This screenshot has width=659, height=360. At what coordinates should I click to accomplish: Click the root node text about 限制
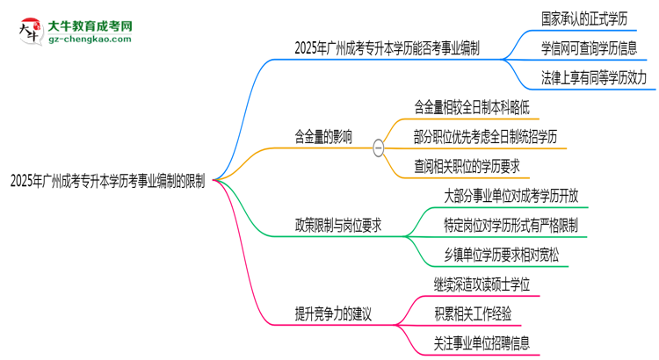click(x=107, y=181)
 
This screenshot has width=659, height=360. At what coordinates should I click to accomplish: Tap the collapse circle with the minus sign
click(x=378, y=148)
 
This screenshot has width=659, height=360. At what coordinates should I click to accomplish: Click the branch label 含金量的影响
click(x=323, y=137)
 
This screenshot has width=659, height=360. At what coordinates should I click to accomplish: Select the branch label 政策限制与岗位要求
click(x=338, y=226)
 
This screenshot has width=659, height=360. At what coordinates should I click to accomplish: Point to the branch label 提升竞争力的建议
click(x=333, y=313)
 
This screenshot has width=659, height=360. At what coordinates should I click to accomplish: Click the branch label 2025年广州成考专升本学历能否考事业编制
click(x=387, y=48)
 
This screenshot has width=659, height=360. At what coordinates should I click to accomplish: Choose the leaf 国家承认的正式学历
click(x=584, y=19)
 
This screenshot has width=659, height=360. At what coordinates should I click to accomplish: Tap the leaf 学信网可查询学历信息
click(x=589, y=48)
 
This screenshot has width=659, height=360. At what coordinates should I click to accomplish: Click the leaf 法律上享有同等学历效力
click(x=594, y=78)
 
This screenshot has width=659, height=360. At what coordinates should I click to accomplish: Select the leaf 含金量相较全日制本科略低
click(x=472, y=107)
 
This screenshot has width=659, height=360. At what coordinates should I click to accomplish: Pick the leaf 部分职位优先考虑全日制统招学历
click(x=485, y=137)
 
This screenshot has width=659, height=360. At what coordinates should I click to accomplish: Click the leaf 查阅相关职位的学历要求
click(x=467, y=167)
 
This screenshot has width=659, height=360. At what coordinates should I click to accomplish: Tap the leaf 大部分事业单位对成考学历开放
click(x=511, y=196)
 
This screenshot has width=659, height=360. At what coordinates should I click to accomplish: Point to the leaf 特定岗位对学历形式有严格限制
click(x=511, y=226)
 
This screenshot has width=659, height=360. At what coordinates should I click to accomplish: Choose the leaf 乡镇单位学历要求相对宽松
click(x=502, y=255)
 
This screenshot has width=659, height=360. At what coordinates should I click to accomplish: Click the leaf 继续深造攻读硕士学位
click(x=482, y=284)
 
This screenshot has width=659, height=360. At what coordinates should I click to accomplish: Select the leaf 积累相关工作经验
click(x=473, y=313)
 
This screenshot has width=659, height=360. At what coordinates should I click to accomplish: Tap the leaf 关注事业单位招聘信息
click(x=482, y=343)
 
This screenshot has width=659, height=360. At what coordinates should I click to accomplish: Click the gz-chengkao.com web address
click(x=90, y=39)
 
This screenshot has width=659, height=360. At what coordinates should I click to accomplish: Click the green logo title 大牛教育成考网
click(x=90, y=26)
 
